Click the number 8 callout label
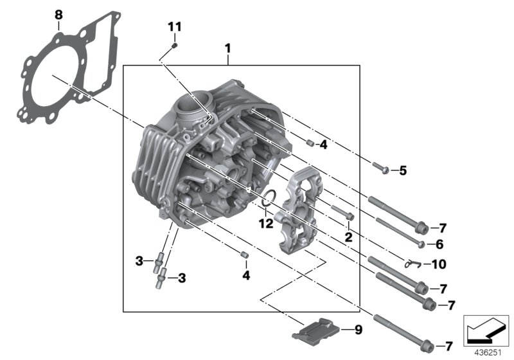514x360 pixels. [58, 14]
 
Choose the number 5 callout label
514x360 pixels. [403, 170]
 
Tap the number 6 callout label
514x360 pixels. [439, 244]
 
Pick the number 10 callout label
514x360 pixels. [439, 264]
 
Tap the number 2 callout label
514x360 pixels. [348, 237]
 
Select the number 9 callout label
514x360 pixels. [358, 330]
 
